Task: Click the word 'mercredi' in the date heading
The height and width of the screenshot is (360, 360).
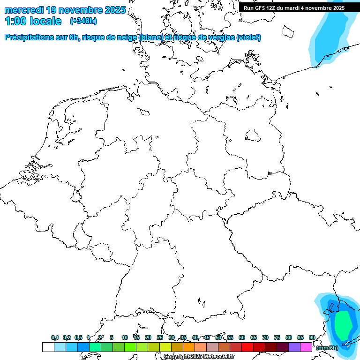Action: [x=24, y=9]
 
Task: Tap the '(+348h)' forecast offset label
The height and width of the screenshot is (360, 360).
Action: [x=83, y=21]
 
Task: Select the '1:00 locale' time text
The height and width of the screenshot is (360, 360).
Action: [x=33, y=21]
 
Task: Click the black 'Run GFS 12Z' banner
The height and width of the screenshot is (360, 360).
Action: [x=294, y=7]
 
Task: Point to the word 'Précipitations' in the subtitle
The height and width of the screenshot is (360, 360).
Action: [x=29, y=37]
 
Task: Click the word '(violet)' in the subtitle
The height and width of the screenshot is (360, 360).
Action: [x=249, y=37]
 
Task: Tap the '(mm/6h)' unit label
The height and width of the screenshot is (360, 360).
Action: [x=327, y=348]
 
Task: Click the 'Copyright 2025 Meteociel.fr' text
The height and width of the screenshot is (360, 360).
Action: [x=199, y=357]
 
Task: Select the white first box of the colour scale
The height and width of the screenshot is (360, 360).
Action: [x=48, y=347]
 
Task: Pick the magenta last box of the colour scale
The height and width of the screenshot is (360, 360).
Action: [x=306, y=347]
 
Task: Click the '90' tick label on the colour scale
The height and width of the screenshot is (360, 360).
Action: [x=312, y=337]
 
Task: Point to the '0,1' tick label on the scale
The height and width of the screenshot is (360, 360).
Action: [x=54, y=337]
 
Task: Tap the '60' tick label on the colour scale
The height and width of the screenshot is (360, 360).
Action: [x=242, y=337]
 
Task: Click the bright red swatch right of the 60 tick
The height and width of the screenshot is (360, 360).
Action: [x=247, y=347]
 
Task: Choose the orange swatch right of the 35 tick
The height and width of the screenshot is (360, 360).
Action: [x=189, y=347]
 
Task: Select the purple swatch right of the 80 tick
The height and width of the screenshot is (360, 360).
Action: [x=294, y=347]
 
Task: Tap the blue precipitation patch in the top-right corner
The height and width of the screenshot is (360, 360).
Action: [x=328, y=37]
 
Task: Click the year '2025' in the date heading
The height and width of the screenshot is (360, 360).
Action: [x=114, y=9]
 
